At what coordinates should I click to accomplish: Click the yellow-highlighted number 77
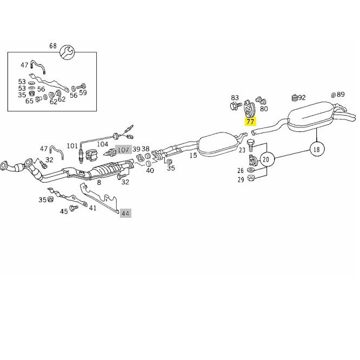tap(250, 121)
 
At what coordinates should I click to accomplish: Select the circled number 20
tap(266, 159)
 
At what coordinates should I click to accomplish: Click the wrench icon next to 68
tap(66, 52)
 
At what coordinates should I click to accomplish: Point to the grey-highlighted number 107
tap(123, 150)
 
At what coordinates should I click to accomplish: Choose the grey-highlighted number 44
tap(125, 214)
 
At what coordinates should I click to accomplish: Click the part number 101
tap(72, 146)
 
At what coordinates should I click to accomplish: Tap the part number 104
tap(102, 144)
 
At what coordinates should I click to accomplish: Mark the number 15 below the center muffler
tap(194, 156)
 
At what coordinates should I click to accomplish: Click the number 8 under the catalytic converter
tap(99, 183)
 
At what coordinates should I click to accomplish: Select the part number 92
tap(302, 98)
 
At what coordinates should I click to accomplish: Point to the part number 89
tap(341, 94)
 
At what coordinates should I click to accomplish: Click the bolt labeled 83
tap(235, 106)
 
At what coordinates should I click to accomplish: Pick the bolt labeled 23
tap(250, 145)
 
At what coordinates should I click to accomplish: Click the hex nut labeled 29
tap(251, 178)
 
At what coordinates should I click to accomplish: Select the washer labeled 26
tap(251, 170)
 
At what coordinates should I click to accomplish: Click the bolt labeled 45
tap(74, 208)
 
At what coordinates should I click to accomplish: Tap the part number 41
tap(92, 208)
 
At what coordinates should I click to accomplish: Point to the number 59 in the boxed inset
tap(83, 92)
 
